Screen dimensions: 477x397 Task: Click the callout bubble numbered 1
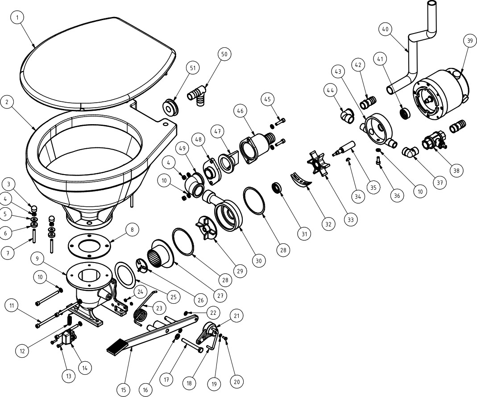point(17,18)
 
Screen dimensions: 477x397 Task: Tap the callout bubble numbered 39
point(470,41)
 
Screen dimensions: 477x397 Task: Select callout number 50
point(224,54)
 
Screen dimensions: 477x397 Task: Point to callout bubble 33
point(350,220)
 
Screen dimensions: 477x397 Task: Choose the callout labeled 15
point(124,390)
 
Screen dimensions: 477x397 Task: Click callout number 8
point(132,230)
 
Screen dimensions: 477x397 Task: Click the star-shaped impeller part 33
point(319,163)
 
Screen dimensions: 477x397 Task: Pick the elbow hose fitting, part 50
point(198,94)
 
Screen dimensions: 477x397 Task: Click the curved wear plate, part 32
point(301,180)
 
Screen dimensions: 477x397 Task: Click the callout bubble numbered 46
point(240,111)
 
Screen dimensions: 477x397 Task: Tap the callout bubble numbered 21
point(236,316)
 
